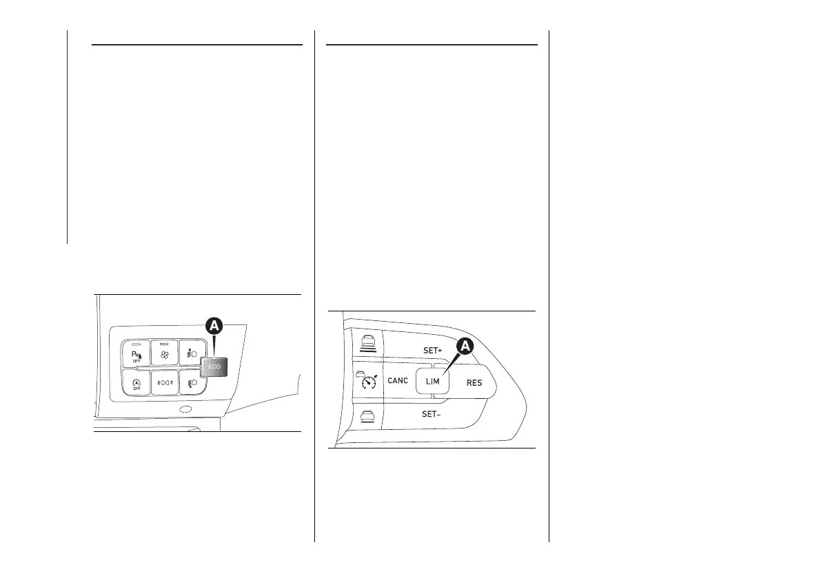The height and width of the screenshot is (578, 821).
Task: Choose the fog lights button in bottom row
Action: [x=164, y=383]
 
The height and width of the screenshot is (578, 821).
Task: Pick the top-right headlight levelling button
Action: [x=191, y=353]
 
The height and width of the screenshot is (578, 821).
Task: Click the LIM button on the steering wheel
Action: [x=433, y=381]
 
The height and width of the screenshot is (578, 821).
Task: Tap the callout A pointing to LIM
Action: [x=465, y=347]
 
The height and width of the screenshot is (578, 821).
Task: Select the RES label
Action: [x=474, y=383]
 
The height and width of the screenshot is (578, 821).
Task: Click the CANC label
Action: [x=398, y=380]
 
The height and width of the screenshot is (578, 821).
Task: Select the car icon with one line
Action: [x=367, y=416]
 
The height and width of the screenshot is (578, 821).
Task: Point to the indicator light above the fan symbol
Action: [x=163, y=343]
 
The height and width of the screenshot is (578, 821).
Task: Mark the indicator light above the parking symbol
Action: [x=136, y=343]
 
